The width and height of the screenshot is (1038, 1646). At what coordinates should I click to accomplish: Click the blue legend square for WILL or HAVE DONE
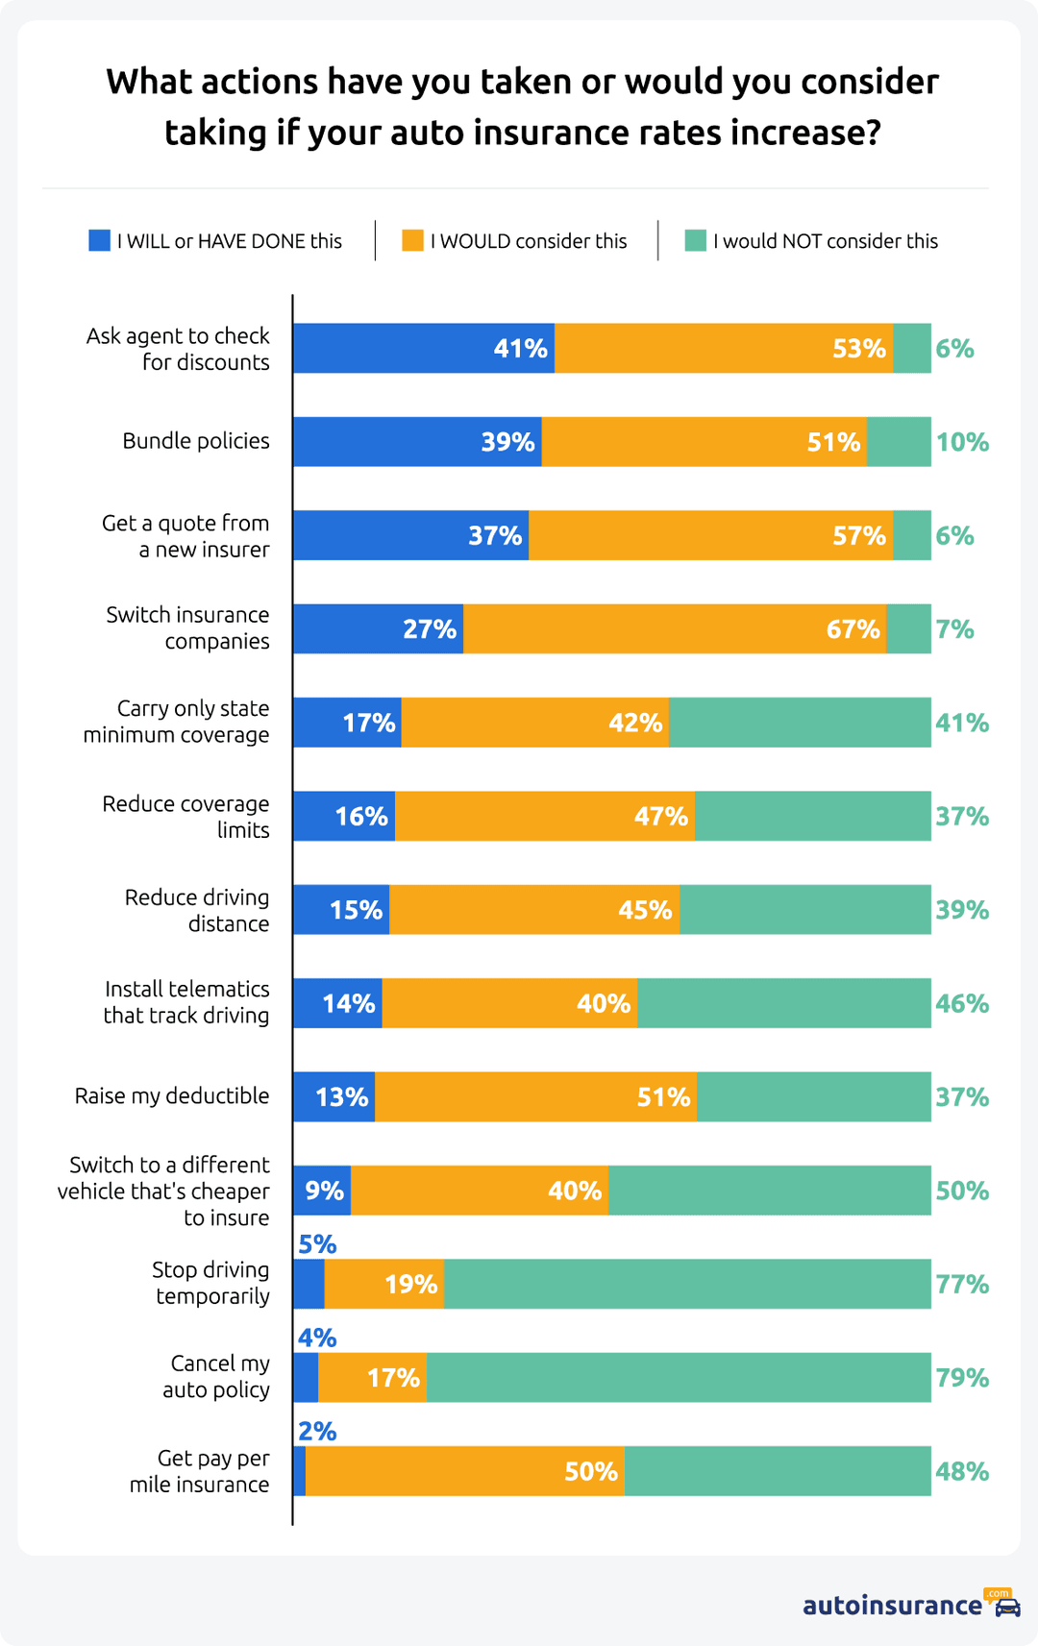click(x=99, y=240)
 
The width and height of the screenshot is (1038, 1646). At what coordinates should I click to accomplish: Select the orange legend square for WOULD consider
click(x=412, y=240)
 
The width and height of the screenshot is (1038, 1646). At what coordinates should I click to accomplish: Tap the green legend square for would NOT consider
click(x=695, y=240)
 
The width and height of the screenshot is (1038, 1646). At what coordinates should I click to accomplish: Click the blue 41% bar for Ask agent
click(x=424, y=348)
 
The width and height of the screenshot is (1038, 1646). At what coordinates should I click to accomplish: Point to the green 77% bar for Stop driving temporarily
click(x=687, y=1284)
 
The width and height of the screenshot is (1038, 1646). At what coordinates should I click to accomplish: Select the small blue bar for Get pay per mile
click(x=300, y=1471)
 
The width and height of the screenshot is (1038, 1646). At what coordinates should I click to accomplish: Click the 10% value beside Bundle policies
click(x=962, y=442)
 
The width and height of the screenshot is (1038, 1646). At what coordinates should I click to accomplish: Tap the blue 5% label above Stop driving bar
click(x=317, y=1244)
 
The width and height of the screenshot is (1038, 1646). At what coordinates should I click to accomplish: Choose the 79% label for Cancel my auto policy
click(x=962, y=1378)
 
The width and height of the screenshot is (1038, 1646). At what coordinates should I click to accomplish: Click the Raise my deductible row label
click(x=172, y=1096)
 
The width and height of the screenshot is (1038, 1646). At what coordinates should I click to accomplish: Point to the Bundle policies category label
click(x=196, y=441)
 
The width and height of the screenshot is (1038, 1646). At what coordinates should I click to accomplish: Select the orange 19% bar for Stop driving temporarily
click(x=384, y=1284)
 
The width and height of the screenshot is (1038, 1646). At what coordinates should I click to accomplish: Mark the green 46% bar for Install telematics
click(x=784, y=1003)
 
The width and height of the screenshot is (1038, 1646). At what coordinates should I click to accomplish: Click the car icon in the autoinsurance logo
click(x=1007, y=1608)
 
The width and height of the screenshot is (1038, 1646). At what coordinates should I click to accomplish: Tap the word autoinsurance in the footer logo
click(x=892, y=1606)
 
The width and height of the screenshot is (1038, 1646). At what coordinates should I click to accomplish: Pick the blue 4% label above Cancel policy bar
click(x=317, y=1338)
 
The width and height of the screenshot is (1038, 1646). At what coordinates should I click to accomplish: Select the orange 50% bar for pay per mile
click(x=465, y=1471)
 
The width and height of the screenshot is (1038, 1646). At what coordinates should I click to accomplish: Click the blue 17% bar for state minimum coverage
click(x=347, y=723)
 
